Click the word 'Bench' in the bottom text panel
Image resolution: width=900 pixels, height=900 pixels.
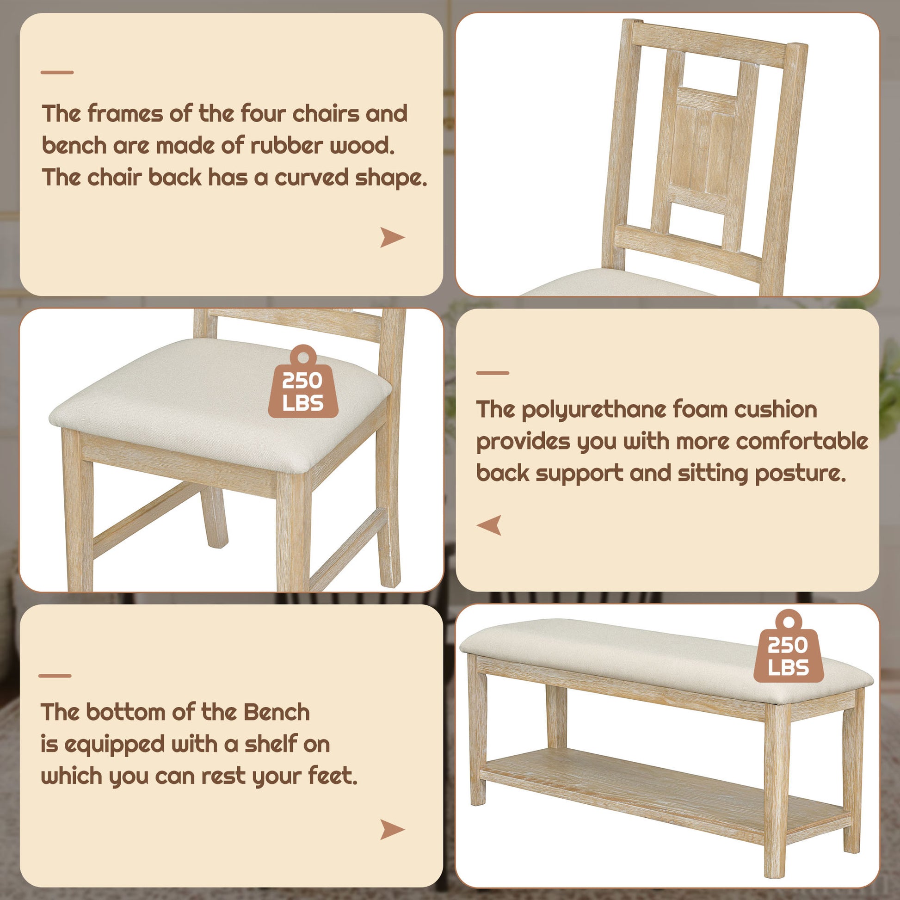point(277,712)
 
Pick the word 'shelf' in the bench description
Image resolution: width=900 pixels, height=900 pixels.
point(271,744)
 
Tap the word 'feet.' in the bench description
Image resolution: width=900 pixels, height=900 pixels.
point(333,776)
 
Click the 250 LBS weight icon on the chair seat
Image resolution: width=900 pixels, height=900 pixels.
point(303,385)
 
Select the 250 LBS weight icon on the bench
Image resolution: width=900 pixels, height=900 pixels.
point(788,648)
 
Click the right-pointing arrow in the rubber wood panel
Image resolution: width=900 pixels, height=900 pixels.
point(392,237)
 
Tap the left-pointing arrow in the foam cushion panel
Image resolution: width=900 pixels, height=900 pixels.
point(490,525)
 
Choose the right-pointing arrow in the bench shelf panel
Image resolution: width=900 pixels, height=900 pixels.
point(392,830)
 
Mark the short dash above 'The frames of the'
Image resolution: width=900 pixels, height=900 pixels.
point(57,72)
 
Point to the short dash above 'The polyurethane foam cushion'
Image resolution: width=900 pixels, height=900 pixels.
point(493,373)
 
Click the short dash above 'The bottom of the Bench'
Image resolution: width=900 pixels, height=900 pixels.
point(55,676)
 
